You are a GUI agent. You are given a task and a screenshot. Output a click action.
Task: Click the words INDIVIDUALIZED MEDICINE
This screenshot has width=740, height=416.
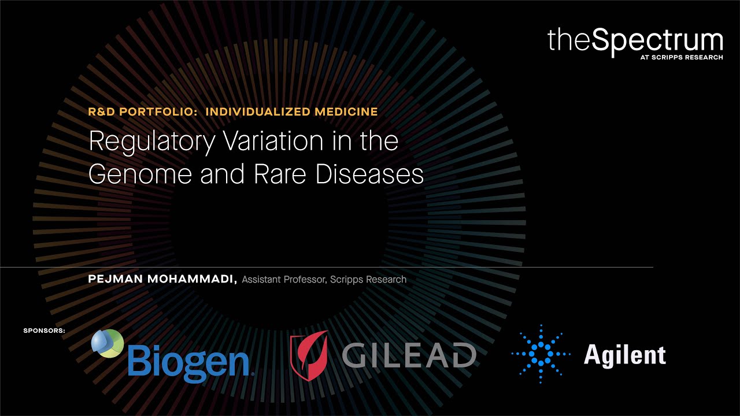tap(291, 112)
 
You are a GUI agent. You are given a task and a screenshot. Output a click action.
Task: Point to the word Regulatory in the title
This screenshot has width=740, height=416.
tap(151, 142)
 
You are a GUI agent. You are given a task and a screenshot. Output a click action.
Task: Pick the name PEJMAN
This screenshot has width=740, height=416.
tap(114, 280)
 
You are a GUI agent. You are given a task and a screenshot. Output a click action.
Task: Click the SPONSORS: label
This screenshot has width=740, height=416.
tap(45, 331)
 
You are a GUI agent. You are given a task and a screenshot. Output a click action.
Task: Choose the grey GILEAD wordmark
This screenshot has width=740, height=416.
tap(409, 354)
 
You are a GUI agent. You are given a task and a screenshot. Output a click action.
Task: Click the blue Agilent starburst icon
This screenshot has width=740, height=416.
tap(541, 354)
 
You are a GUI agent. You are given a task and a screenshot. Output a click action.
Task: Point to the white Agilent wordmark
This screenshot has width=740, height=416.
tap(624, 354)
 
